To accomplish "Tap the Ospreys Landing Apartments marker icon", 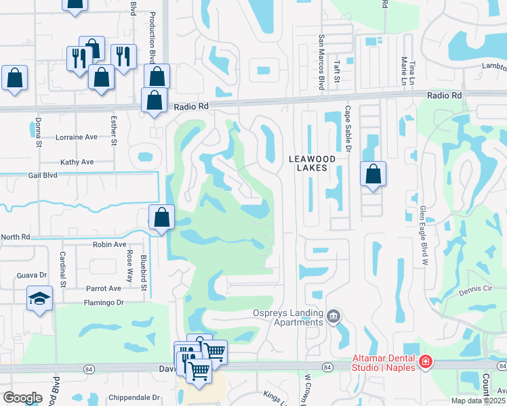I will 333,316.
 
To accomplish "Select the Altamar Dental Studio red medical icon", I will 425,362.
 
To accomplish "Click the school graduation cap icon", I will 40,298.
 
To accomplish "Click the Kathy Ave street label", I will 77,162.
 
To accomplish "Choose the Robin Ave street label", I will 110,245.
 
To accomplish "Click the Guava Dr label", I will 33,275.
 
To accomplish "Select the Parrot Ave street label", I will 103,288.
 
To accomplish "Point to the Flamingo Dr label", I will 106,302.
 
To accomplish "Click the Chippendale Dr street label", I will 135,397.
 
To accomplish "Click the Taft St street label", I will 337,72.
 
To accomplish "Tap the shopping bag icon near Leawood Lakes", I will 373,174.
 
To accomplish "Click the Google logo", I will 22,398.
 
